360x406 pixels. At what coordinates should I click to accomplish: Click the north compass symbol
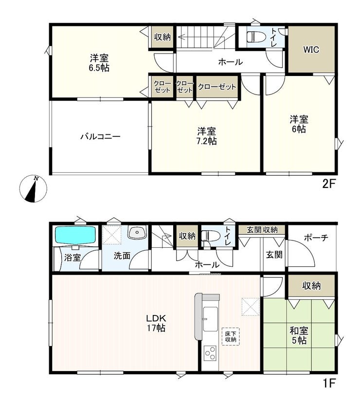pyautogui.click(x=34, y=189)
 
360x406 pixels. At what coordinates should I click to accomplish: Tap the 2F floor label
pyautogui.click(x=329, y=184)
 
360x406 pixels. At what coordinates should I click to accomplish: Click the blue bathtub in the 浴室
pyautogui.click(x=75, y=235)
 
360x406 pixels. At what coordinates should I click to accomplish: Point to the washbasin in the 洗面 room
pyautogui.click(x=137, y=232)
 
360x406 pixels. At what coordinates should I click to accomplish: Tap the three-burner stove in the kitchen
pyautogui.click(x=210, y=353)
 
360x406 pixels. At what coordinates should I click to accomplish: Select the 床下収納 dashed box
pyautogui.click(x=231, y=336)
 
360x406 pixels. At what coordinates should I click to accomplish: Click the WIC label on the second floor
pyautogui.click(x=311, y=50)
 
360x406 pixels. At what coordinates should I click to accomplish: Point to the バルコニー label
pyautogui.click(x=100, y=136)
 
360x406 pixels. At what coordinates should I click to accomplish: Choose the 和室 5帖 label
pyautogui.click(x=299, y=335)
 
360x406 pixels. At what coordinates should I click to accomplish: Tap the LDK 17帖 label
pyautogui.click(x=156, y=323)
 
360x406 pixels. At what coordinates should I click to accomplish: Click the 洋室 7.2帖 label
pyautogui.click(x=207, y=136)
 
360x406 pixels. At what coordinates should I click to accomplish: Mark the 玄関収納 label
pyautogui.click(x=262, y=230)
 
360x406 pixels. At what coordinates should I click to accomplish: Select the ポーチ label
pyautogui.click(x=316, y=238)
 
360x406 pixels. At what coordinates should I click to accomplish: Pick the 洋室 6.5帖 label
pyautogui.click(x=99, y=63)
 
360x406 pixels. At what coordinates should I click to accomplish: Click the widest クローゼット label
pyautogui.click(x=217, y=87)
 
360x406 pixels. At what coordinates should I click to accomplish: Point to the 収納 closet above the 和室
pyautogui.click(x=311, y=286)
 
